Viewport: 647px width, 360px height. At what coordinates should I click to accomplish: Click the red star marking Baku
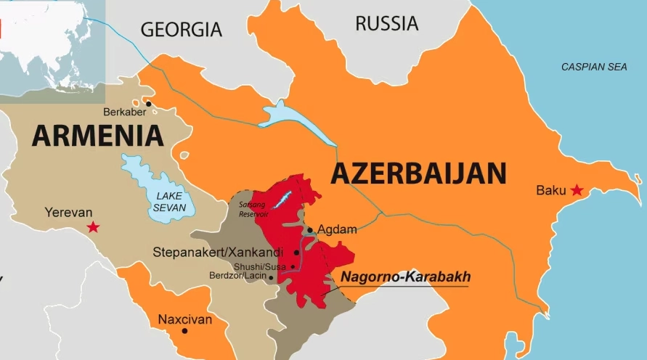pos(577,190)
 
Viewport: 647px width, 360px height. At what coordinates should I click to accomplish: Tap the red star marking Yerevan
pos(93,227)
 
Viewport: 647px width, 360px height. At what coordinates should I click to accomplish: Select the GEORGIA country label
pos(181,29)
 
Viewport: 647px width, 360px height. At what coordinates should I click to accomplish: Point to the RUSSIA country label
pos(386,23)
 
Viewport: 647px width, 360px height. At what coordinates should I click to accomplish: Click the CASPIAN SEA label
pos(594,67)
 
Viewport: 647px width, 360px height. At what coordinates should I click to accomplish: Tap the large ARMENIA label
pos(97,136)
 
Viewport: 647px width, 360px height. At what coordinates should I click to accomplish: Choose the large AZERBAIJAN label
pos(418,173)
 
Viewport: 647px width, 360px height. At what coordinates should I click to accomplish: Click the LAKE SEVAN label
pos(170,202)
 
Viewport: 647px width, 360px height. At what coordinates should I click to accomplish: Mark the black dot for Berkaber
pos(149,104)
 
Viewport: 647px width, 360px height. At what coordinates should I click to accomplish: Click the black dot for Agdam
pos(310,230)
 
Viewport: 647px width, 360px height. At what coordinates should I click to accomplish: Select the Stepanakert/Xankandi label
pos(219,253)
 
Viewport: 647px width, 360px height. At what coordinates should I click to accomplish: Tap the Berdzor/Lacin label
pos(237,277)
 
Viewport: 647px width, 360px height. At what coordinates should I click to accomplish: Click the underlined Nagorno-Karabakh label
pos(405,277)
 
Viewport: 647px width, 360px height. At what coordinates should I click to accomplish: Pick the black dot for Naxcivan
pos(185,331)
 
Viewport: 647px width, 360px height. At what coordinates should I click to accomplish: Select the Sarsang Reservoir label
pos(253,210)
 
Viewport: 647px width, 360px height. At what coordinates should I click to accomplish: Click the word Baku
pos(550,190)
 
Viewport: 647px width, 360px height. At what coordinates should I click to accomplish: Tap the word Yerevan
pos(68,213)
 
